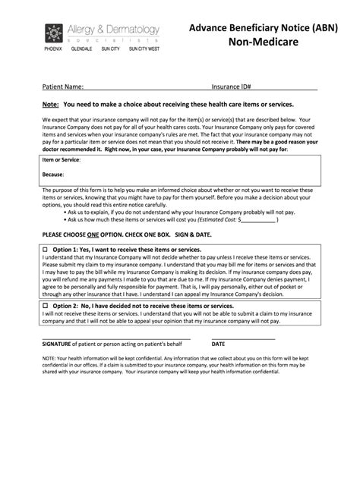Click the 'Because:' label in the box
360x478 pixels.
coord(54,175)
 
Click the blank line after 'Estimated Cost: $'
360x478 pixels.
coord(259,221)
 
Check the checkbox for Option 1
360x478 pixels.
coord(46,249)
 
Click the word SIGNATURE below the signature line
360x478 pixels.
coord(58,343)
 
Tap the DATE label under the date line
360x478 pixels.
coord(218,343)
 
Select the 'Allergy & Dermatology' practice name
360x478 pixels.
coord(115,29)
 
